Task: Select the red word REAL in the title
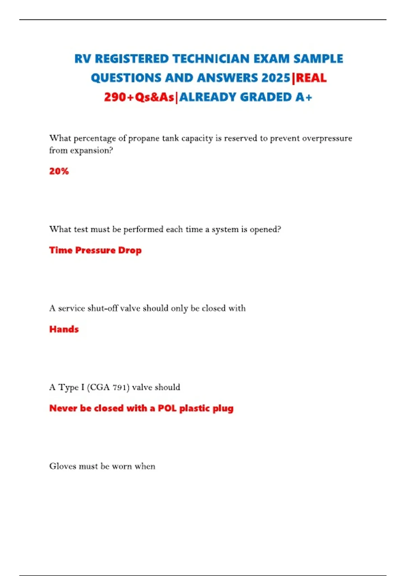point(311,78)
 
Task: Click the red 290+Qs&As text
point(139,98)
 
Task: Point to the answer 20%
point(59,171)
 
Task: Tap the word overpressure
point(327,139)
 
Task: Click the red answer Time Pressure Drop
point(95,250)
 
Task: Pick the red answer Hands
point(64,329)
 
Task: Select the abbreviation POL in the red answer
point(167,408)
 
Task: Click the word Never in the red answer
point(63,408)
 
